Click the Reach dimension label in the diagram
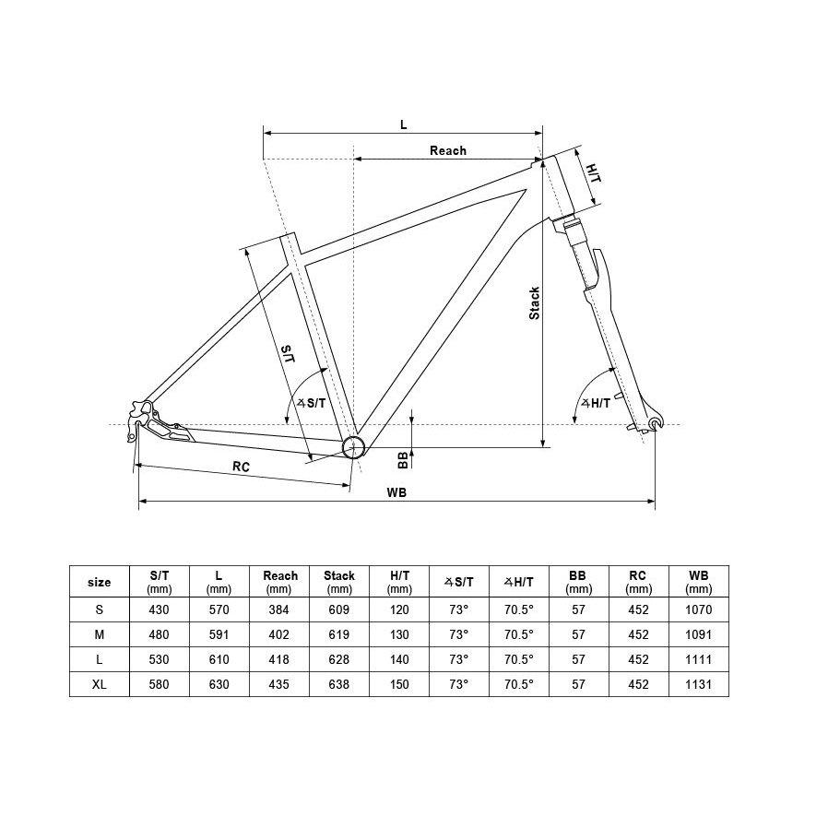pos(448,150)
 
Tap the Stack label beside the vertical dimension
pos(534,303)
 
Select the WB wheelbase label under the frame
pos(396,492)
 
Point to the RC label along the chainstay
pos(241,467)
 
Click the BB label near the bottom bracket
pos(403,459)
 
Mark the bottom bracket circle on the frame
pos(353,447)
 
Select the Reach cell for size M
pos(279,634)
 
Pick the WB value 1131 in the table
pos(699,685)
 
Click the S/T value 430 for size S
pos(160,609)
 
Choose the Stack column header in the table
pos(339,582)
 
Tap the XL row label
pos(99,685)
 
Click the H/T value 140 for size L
pos(399,659)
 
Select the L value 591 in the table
pos(219,634)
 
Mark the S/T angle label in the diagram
pos(312,403)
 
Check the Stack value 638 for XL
pos(339,685)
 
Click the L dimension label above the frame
pos(403,124)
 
